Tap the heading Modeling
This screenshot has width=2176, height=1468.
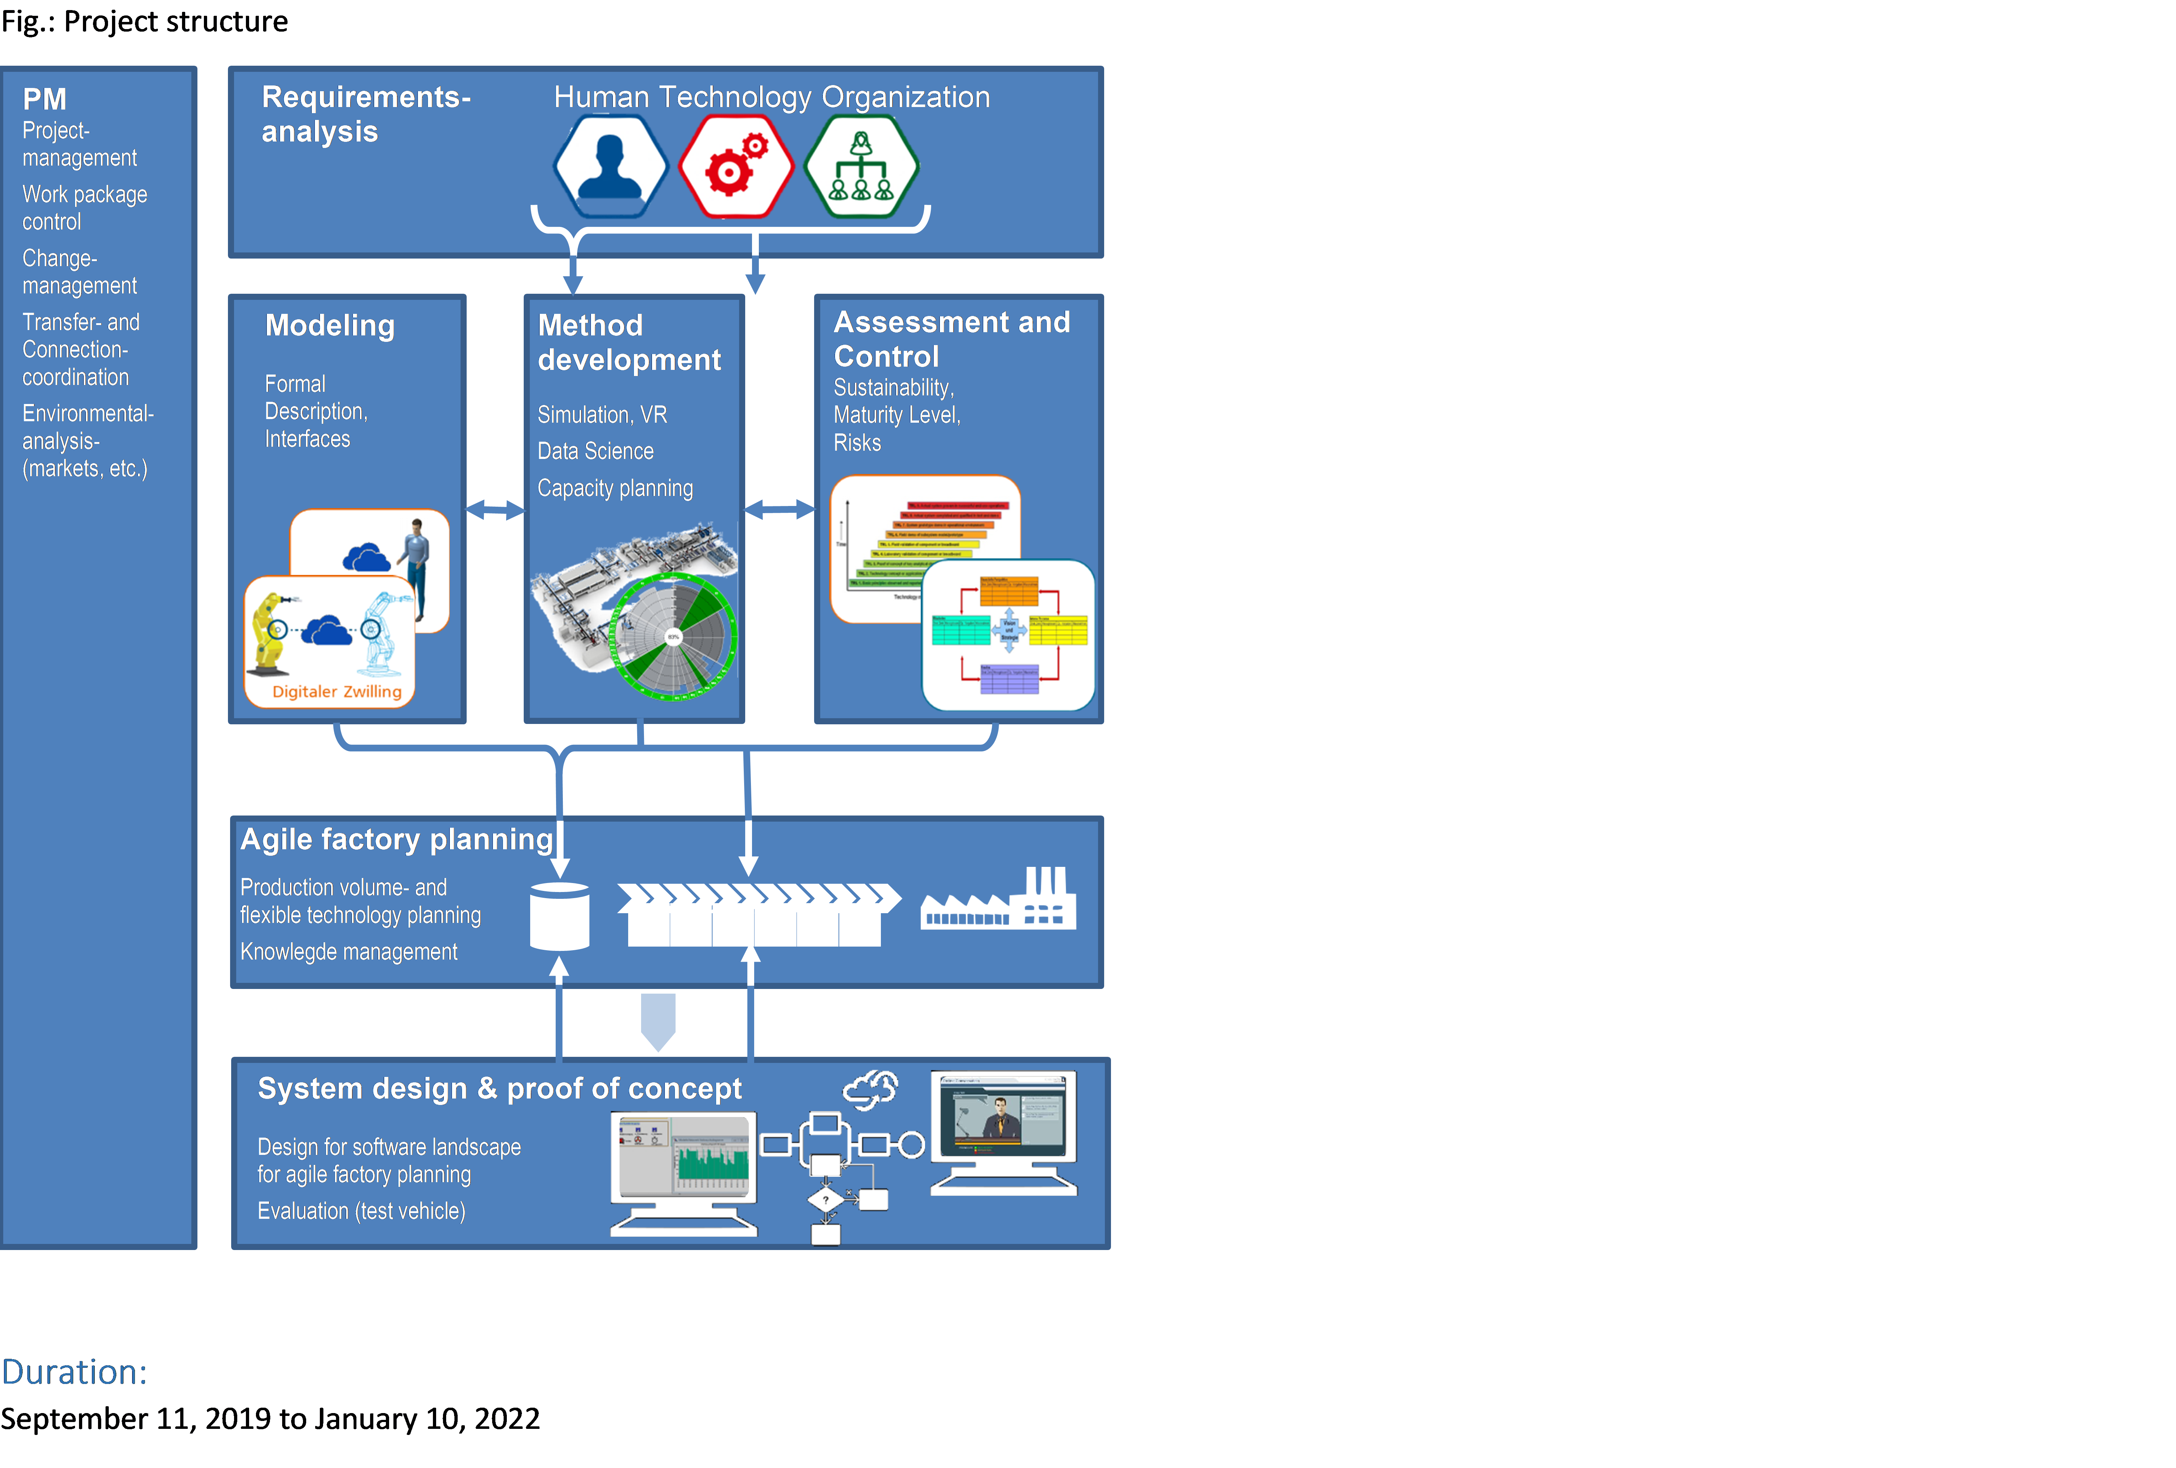330,326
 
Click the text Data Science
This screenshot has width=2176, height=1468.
595,451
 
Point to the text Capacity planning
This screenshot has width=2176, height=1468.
615,489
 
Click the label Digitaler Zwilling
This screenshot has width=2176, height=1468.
337,692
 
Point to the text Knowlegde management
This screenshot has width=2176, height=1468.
349,952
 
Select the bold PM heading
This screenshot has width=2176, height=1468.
45,99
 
